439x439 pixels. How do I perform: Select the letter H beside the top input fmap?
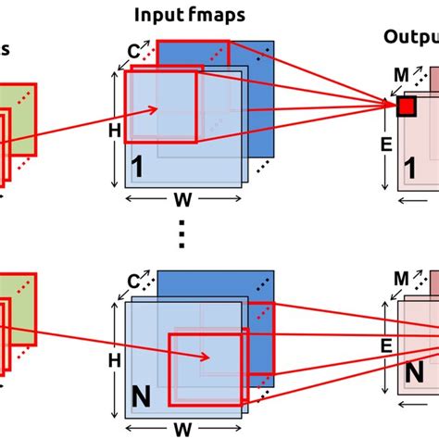(114, 132)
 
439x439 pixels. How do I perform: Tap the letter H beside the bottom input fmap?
(114, 357)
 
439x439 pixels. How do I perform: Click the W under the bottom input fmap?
(182, 427)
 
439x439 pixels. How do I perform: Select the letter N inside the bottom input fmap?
(141, 396)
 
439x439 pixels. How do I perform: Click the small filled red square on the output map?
(406, 107)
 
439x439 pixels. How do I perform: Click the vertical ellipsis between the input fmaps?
(182, 237)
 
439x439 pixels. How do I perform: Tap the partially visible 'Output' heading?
(410, 37)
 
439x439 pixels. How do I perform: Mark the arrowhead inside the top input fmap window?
(158, 109)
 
